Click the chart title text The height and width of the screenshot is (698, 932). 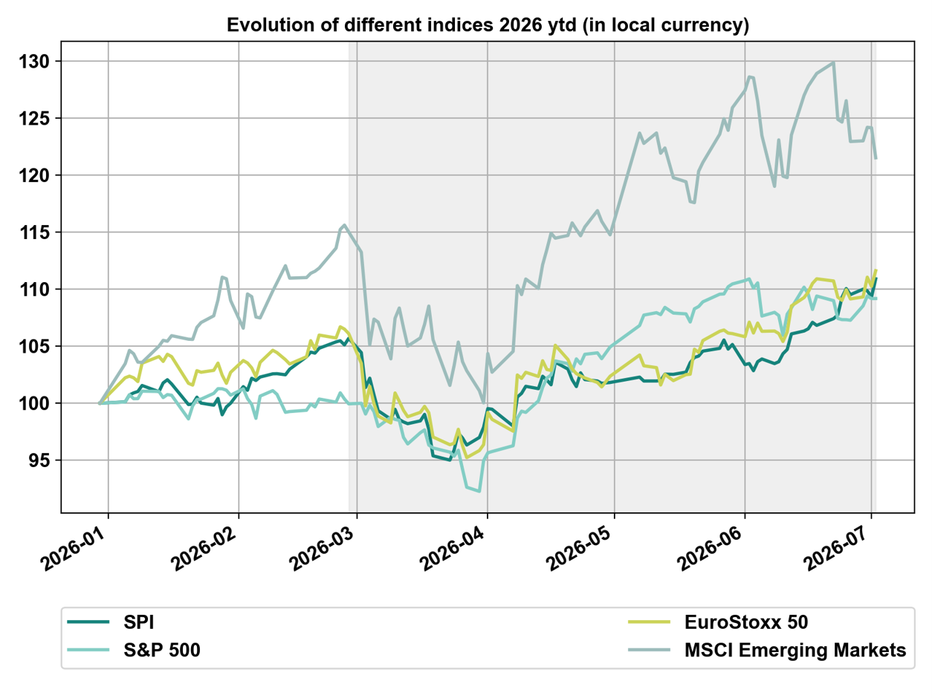coord(488,25)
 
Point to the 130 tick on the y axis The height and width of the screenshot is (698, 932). coord(34,62)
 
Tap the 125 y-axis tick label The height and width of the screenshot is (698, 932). coord(34,119)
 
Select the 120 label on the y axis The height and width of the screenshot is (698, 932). coord(34,175)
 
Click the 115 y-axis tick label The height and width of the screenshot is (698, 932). coord(34,232)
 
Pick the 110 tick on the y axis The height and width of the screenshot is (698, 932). coord(34,290)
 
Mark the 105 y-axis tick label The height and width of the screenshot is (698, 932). coord(34,347)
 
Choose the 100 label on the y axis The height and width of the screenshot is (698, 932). coord(34,403)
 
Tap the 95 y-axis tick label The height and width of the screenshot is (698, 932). coord(39,460)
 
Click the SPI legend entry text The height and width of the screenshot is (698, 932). coord(139,622)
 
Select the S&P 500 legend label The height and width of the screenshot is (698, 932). coord(162,650)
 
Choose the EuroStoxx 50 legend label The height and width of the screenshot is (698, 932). coord(746,622)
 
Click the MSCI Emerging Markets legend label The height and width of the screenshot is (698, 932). coord(795,650)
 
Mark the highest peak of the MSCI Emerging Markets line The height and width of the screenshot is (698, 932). coord(834,63)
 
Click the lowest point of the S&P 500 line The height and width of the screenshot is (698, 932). coord(479,492)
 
